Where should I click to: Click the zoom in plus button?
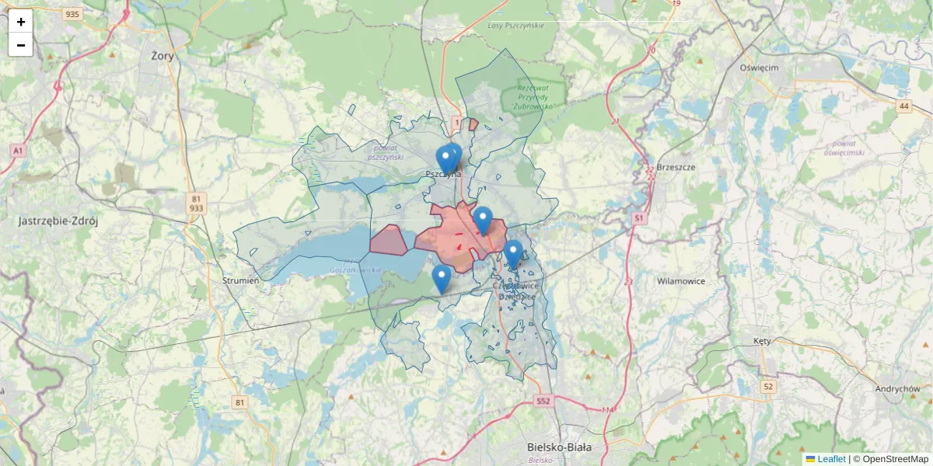click(x=20, y=22)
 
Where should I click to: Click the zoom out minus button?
click(x=20, y=45)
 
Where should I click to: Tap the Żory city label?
click(x=163, y=56)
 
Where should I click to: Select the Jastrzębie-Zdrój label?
click(x=58, y=221)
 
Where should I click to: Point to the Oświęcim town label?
click(x=759, y=68)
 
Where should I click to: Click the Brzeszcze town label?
click(x=676, y=167)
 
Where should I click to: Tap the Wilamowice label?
click(x=680, y=281)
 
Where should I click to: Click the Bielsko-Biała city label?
click(x=559, y=447)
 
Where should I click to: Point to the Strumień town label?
click(x=240, y=280)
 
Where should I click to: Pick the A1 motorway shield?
click(x=18, y=149)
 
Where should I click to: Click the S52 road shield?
click(x=543, y=402)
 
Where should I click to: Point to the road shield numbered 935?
click(x=73, y=14)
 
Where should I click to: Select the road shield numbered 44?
click(x=903, y=106)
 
